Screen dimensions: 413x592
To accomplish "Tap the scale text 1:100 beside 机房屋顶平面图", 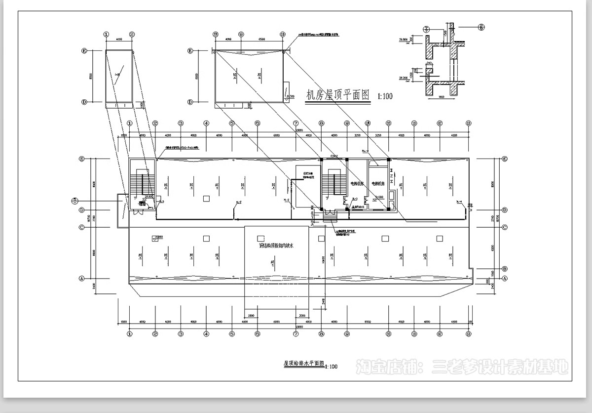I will tap(385, 96).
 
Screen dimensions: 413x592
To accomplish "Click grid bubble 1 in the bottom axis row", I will tap(130, 334).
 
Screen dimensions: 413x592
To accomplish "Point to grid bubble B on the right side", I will tap(505, 268).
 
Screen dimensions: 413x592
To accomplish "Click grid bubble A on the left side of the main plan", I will tap(82, 278).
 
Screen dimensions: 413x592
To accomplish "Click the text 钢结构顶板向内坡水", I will tap(276, 246).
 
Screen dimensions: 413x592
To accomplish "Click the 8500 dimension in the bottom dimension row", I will tap(368, 322).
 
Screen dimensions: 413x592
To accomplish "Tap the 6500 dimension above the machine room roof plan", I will tap(261, 39).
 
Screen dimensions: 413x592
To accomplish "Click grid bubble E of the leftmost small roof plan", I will tap(84, 50).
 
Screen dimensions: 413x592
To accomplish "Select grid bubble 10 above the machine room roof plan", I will tap(282, 35).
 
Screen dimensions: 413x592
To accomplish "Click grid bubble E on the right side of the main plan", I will tap(505, 159).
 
